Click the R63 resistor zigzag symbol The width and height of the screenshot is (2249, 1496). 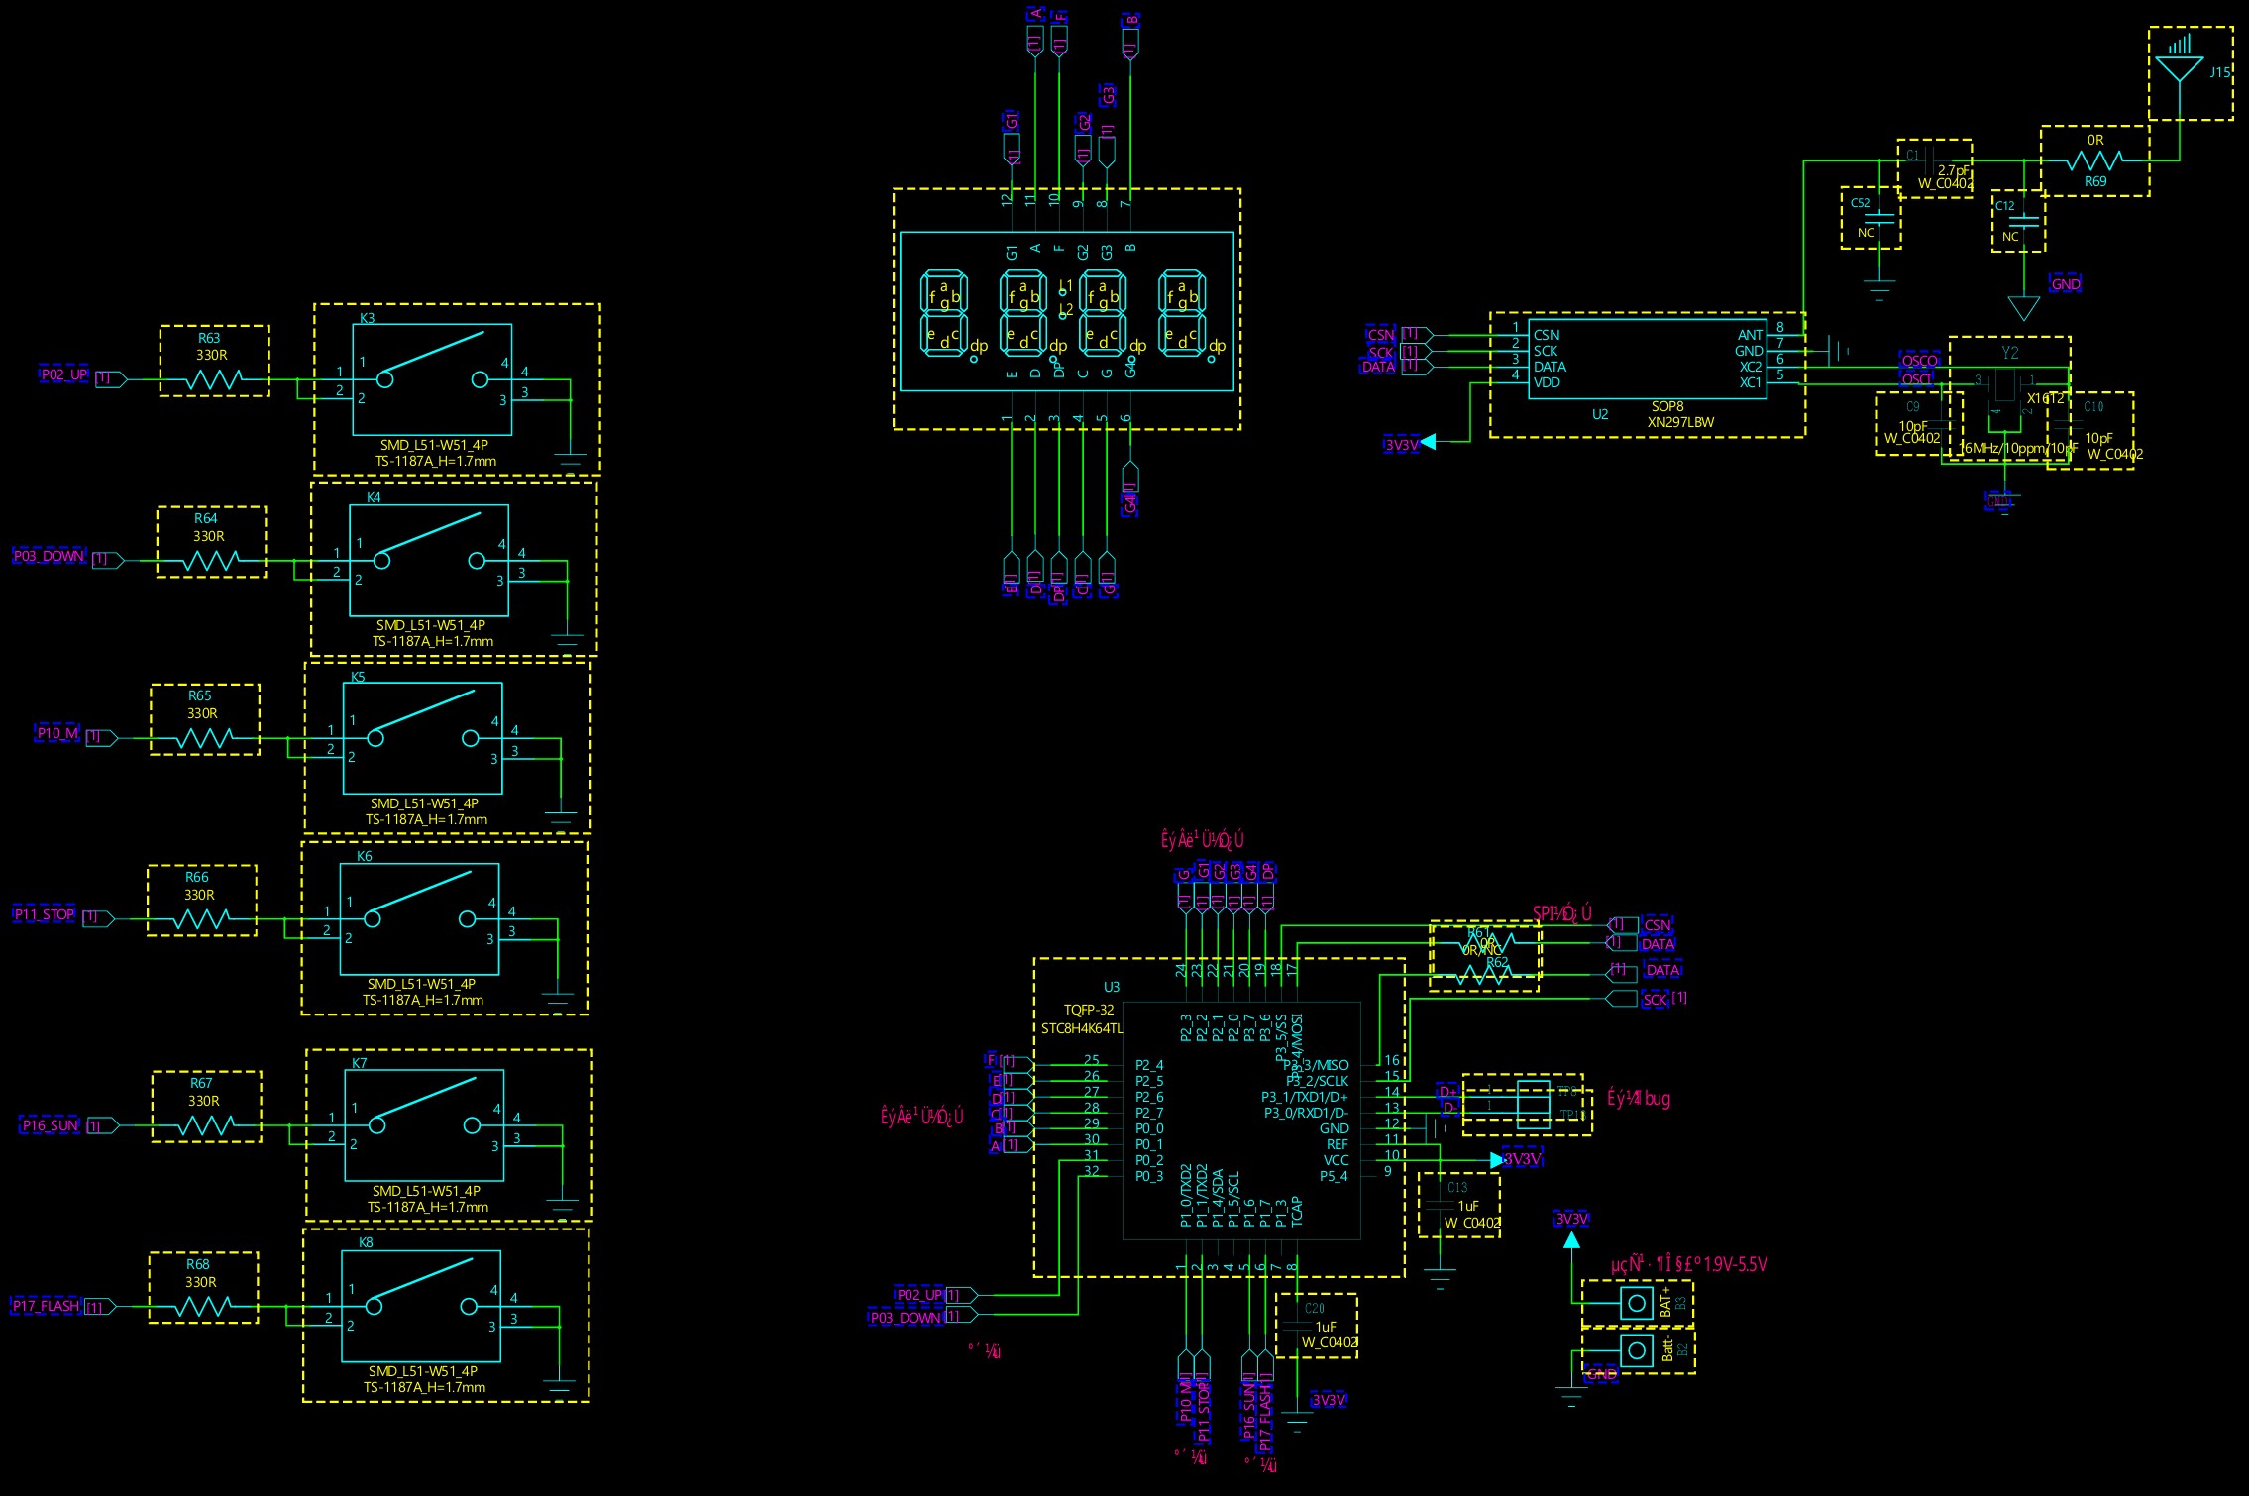[x=214, y=379]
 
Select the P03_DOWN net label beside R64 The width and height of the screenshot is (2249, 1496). [x=49, y=556]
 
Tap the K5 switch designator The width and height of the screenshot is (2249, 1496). [x=358, y=677]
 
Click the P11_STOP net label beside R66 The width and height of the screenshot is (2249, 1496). [x=45, y=914]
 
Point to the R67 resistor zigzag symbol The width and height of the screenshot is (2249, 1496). [x=206, y=1125]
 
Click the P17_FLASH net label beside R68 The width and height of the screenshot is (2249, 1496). [x=46, y=1306]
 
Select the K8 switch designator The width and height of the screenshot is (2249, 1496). [x=366, y=1242]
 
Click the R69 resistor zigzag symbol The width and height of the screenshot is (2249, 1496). [x=2094, y=160]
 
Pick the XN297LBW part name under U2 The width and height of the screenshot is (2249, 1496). [x=1680, y=422]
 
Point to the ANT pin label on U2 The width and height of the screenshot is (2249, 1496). [x=1750, y=335]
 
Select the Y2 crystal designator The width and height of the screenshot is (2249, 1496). [x=2009, y=353]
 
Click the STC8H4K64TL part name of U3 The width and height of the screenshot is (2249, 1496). [x=1082, y=1028]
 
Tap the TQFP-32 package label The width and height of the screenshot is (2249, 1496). [x=1089, y=1010]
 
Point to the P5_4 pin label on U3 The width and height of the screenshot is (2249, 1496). [x=1334, y=1176]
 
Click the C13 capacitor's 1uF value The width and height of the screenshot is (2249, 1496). [x=1468, y=1206]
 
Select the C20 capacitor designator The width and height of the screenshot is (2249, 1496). [x=1315, y=1309]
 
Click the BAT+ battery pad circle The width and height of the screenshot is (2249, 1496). [x=1637, y=1303]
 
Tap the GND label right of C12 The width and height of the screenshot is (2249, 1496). [x=2066, y=284]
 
